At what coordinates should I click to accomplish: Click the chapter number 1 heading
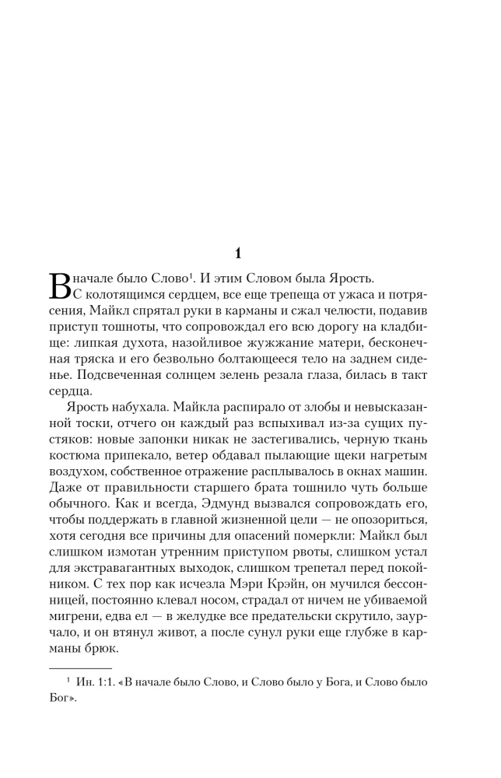tap(240, 253)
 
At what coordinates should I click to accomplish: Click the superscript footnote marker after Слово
tap(191, 274)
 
